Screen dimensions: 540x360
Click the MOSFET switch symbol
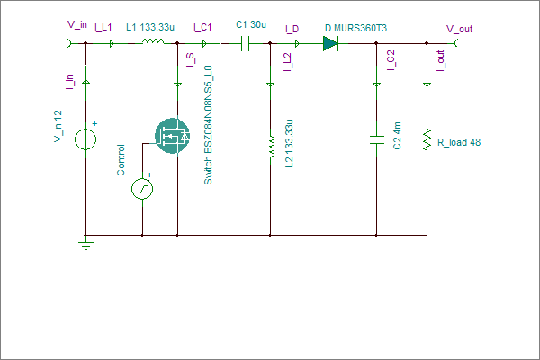pyautogui.click(x=172, y=136)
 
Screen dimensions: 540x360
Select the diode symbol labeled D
pyautogui.click(x=330, y=44)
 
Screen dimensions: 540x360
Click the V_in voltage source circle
pyautogui.click(x=85, y=139)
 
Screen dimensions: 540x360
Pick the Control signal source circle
pyautogui.click(x=142, y=189)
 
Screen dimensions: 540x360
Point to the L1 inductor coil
pyautogui.click(x=153, y=41)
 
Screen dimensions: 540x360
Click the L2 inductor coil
pyautogui.click(x=272, y=147)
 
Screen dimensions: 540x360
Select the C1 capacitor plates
pyautogui.click(x=245, y=44)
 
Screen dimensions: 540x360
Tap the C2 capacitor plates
pyautogui.click(x=377, y=139)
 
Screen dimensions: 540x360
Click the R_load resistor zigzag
pyautogui.click(x=427, y=139)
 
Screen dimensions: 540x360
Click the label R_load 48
pyautogui.click(x=459, y=142)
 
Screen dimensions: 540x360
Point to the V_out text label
pyautogui.click(x=459, y=29)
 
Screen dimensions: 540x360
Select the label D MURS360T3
pyautogui.click(x=355, y=28)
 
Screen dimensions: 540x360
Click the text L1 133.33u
pyautogui.click(x=150, y=27)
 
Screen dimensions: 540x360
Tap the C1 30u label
pyautogui.click(x=251, y=24)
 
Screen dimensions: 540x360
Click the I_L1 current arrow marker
pyautogui.click(x=112, y=44)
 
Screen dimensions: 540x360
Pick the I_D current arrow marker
pyautogui.click(x=297, y=44)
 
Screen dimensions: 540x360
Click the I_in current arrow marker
pyautogui.click(x=85, y=82)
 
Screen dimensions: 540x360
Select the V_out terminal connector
pyautogui.click(x=455, y=43)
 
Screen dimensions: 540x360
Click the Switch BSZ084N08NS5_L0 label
pyautogui.click(x=208, y=125)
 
